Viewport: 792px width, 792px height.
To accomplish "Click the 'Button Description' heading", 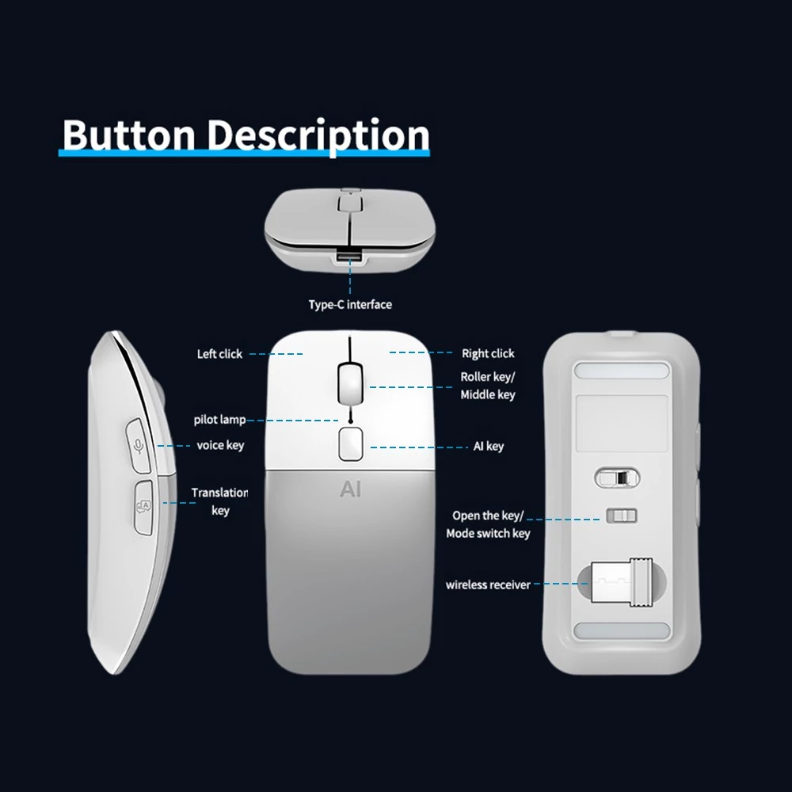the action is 246,135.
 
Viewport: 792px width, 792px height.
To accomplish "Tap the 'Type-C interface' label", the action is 350,305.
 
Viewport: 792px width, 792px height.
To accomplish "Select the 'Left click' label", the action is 219,353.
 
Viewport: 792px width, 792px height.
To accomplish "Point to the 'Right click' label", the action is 488,353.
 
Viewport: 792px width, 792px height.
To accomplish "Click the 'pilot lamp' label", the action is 219,419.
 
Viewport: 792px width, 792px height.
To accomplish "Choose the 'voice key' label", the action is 220,445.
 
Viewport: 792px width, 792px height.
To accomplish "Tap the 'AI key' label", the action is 489,446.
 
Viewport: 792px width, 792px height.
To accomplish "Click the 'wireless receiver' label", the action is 488,584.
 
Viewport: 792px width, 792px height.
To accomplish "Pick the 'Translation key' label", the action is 219,501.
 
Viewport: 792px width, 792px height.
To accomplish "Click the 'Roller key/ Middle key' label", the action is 488,386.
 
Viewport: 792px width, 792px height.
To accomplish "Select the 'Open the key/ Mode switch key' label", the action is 488,524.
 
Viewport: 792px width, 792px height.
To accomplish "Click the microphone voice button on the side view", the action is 138,445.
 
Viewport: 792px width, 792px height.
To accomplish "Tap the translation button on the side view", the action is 143,507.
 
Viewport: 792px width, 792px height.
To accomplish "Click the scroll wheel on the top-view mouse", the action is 350,383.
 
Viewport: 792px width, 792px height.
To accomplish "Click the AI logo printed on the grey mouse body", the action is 351,489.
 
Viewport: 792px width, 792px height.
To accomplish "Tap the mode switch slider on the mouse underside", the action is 622,516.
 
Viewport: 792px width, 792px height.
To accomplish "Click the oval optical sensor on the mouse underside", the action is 617,478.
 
